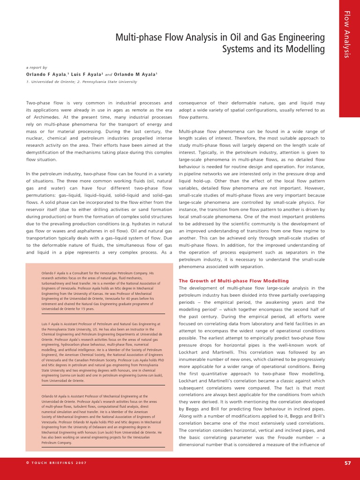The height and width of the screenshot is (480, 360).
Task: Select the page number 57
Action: point(347,463)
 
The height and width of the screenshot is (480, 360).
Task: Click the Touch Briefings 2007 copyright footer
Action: point(56,463)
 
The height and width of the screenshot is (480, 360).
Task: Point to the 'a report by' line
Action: point(36,67)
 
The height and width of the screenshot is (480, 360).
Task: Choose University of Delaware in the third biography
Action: point(82,427)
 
